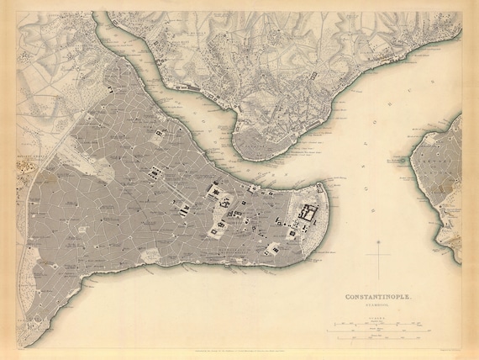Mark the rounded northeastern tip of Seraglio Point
pyautogui.click(x=324, y=187)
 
